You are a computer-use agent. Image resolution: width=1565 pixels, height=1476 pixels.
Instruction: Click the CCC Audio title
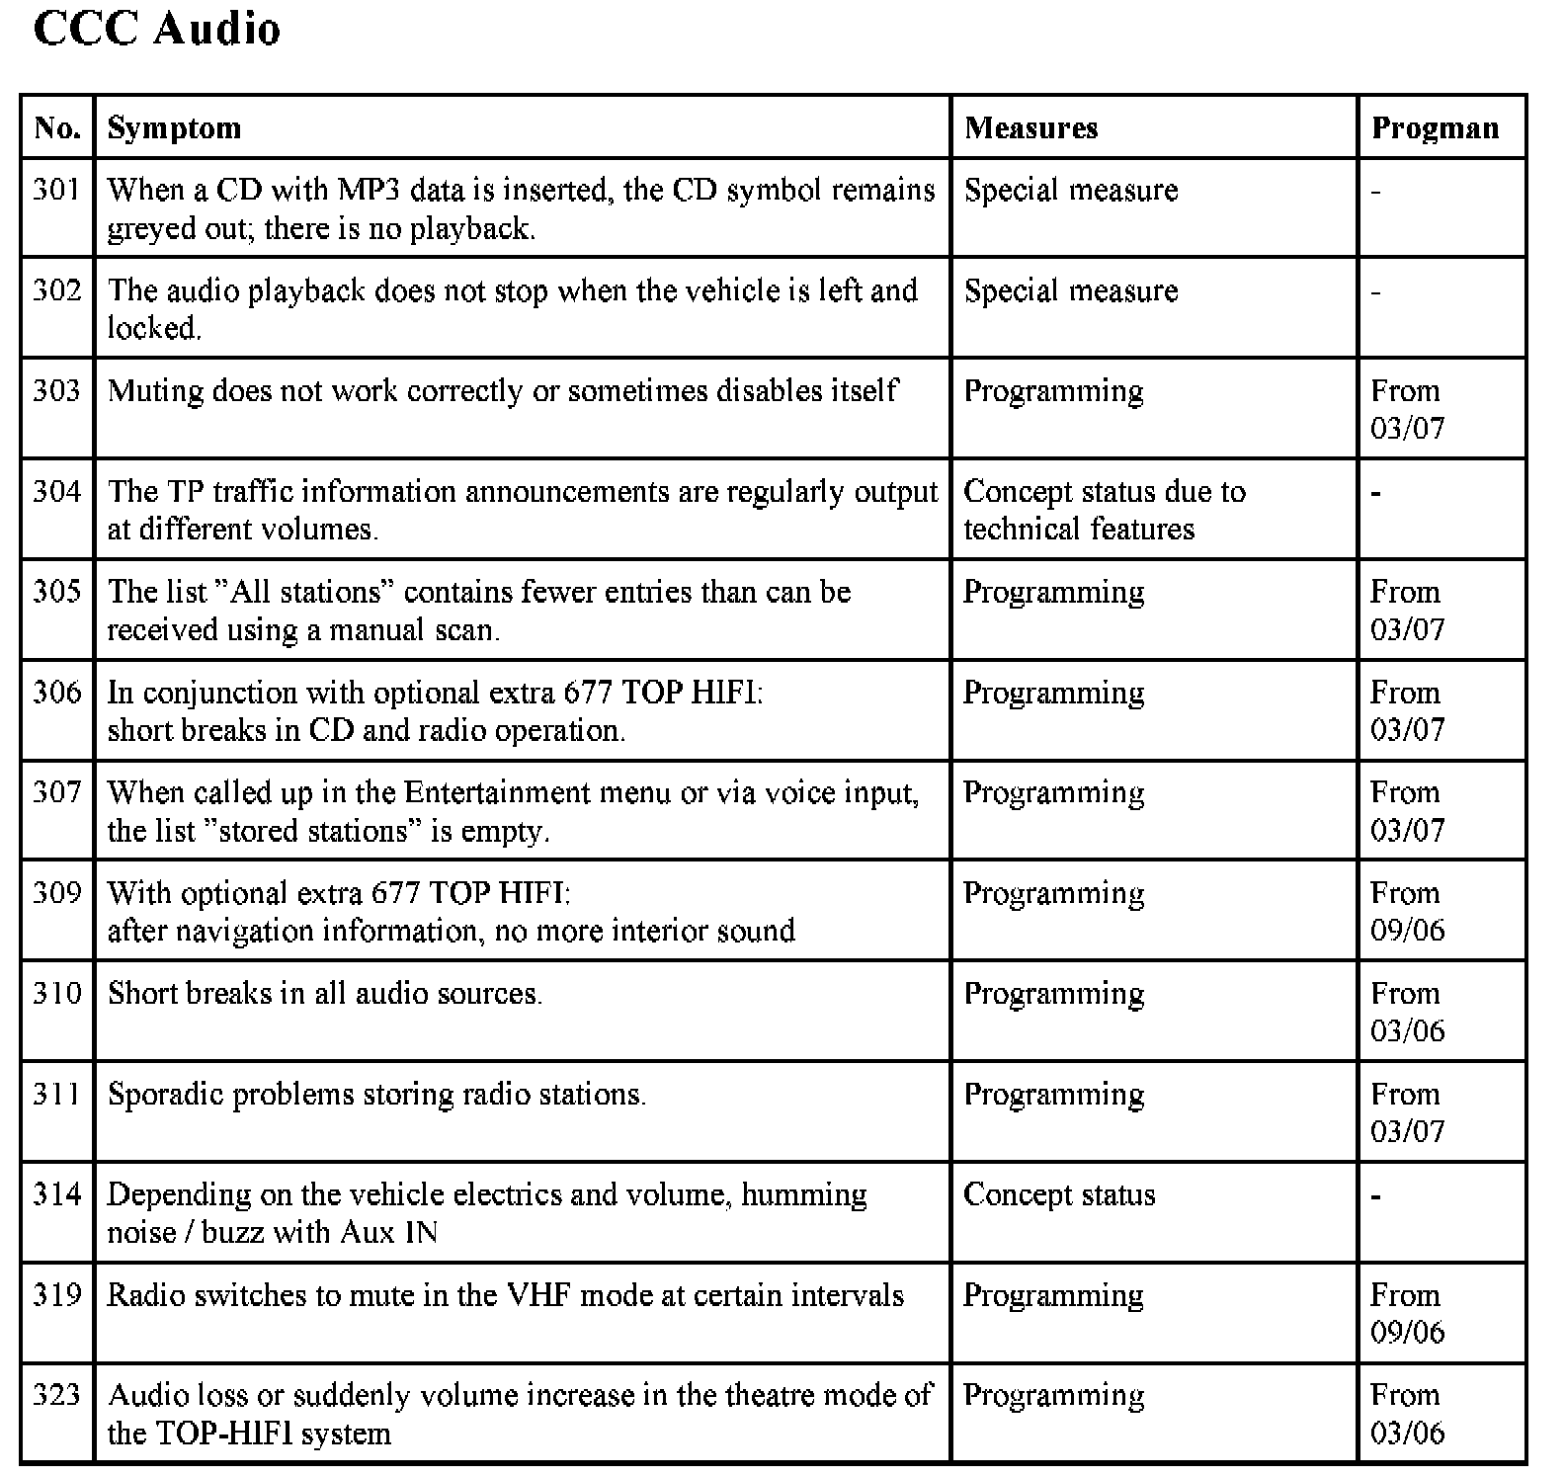pos(157,30)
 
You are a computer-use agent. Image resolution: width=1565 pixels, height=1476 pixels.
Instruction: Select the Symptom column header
pos(174,128)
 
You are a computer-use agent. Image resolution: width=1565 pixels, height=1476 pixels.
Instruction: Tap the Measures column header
pos(1030,128)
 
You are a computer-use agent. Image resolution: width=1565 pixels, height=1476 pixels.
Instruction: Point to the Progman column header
pos(1435,128)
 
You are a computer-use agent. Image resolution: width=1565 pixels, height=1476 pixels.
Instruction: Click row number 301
pos(57,190)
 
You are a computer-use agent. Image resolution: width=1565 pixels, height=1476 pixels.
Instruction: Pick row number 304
pos(57,491)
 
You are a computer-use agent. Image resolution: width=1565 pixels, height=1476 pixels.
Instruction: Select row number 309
pos(57,893)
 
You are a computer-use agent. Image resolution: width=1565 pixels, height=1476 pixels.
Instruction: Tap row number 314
pos(57,1194)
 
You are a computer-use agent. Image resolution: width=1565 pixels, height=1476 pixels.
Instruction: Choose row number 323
pos(57,1395)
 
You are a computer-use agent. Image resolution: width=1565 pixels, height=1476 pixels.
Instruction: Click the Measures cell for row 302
pos(1071,290)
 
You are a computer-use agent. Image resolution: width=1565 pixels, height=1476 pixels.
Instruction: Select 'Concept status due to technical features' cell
pos(1104,510)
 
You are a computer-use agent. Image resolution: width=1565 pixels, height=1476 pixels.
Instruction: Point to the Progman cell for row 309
pos(1407,911)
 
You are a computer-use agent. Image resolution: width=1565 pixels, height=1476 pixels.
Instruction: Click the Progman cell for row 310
pos(1407,1012)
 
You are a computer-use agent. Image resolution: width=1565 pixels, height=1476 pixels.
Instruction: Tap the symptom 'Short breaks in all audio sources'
pos(325,994)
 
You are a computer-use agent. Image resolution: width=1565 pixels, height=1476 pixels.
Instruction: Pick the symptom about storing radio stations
pos(376,1095)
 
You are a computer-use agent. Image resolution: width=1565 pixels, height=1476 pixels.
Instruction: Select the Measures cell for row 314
pos(1059,1194)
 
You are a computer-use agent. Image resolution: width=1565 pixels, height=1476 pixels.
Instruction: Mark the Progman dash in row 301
pos(1375,191)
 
